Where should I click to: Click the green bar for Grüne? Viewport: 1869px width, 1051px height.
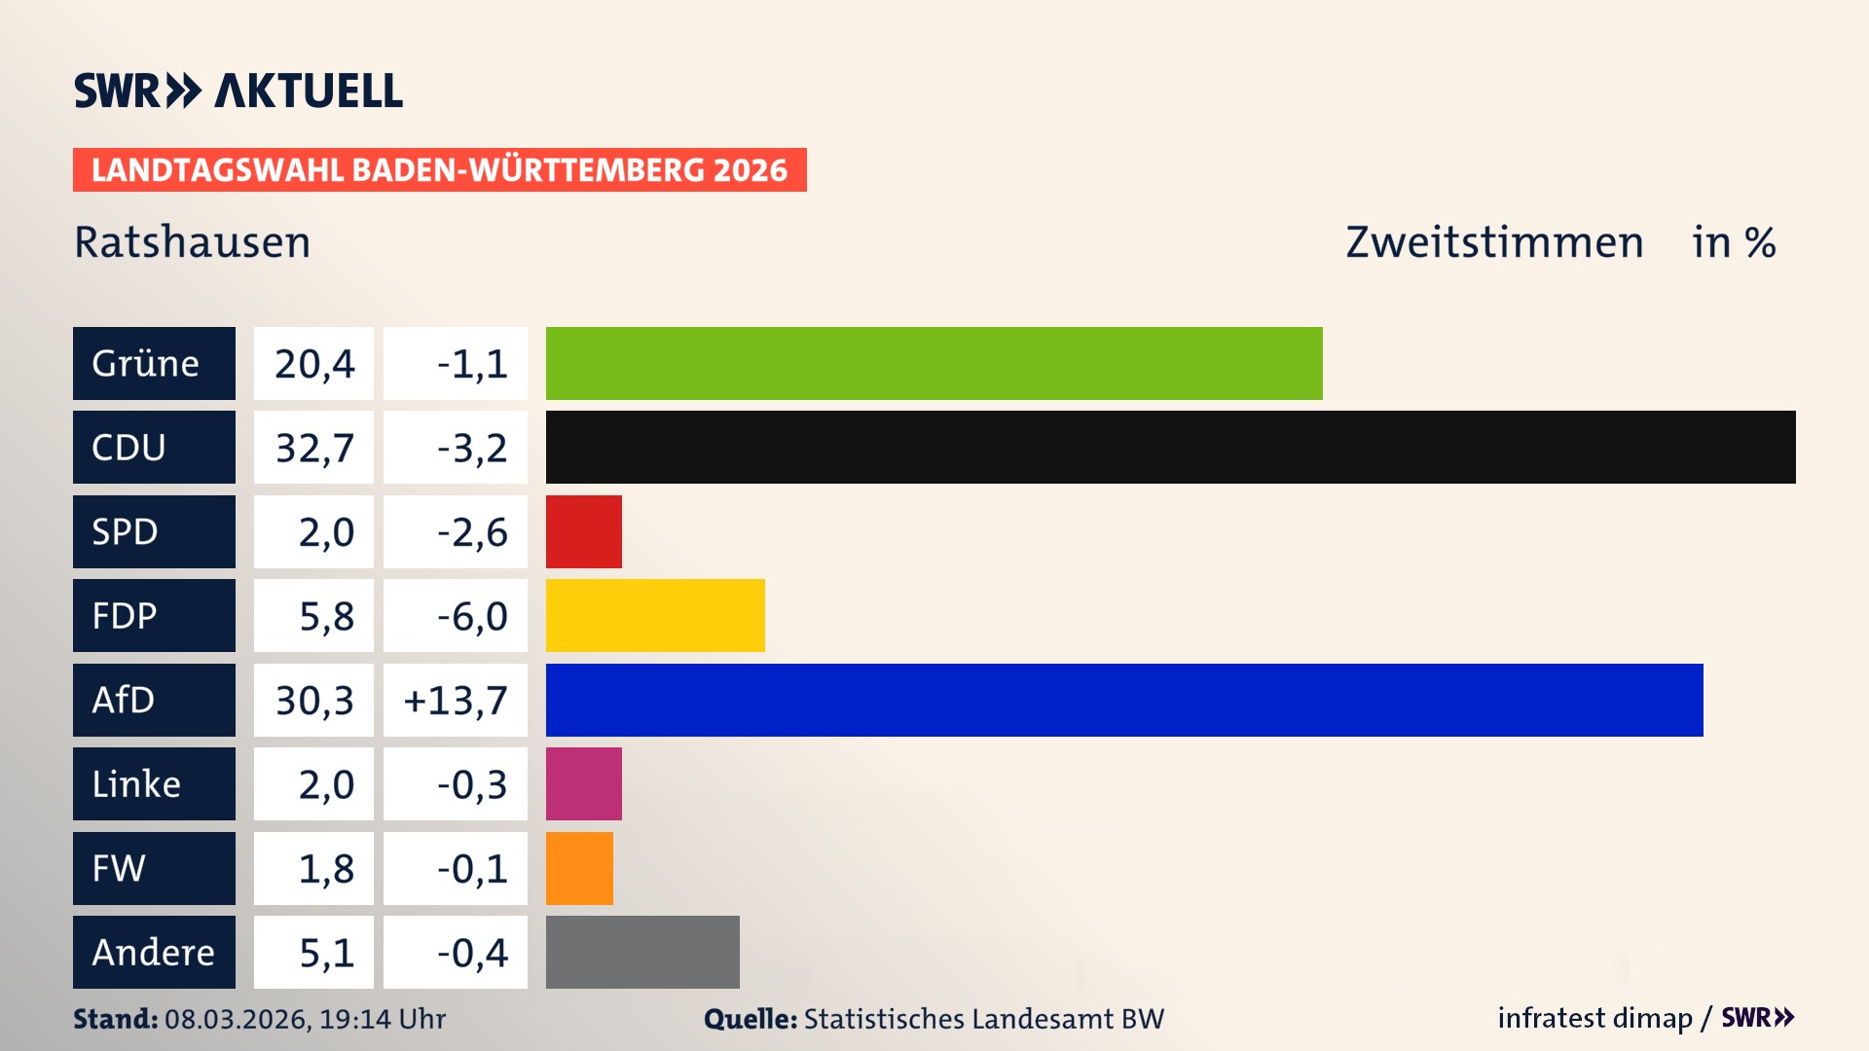pos(934,363)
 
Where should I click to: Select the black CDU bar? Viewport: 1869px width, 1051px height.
pos(1170,447)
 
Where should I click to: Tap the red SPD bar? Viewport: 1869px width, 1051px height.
pos(583,531)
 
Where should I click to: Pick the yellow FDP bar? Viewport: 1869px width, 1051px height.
pos(655,615)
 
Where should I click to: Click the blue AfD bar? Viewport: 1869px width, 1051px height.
pos(1124,700)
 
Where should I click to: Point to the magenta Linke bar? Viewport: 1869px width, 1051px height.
pos(583,783)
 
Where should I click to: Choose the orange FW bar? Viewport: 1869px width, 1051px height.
pos(579,868)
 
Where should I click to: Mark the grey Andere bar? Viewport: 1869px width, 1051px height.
pos(642,952)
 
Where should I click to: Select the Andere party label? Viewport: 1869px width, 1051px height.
pos(154,952)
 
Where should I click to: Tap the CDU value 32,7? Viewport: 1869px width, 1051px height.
pos(313,448)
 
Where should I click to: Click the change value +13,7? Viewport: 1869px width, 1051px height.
pos(456,700)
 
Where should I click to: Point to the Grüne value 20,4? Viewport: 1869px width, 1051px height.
pos(313,364)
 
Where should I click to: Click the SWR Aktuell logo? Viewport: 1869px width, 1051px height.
pos(238,91)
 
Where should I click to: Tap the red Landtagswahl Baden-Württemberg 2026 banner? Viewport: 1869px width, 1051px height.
pos(439,169)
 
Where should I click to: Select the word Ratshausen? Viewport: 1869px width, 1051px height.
pos(193,242)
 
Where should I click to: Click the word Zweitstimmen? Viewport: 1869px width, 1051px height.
pos(1494,242)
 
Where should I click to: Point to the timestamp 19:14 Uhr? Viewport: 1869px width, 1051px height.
pos(383,1019)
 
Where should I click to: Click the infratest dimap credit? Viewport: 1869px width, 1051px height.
pos(1594,1018)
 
